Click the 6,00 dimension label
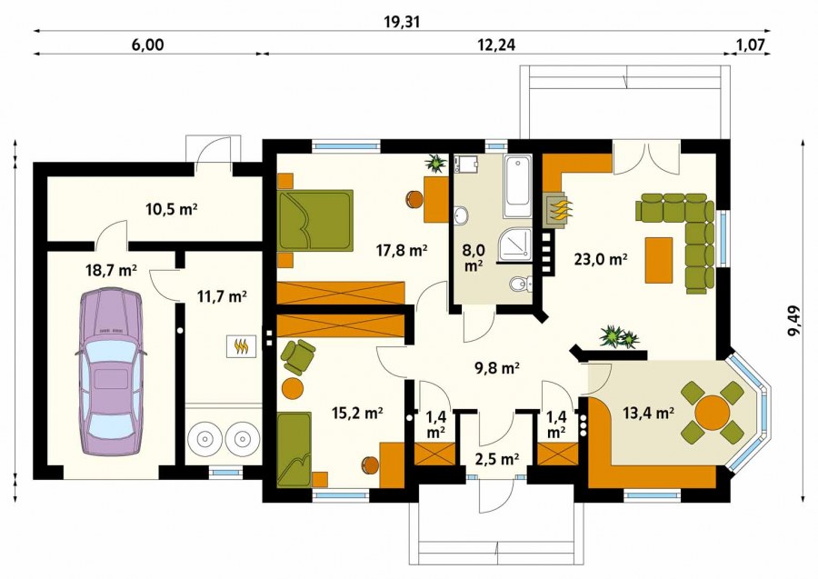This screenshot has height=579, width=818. click(147, 45)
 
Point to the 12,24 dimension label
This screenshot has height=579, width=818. click(496, 45)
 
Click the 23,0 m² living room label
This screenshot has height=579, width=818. click(601, 259)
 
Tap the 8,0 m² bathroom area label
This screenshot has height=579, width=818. click(474, 257)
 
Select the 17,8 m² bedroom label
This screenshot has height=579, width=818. click(403, 251)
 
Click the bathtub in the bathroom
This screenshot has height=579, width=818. click(517, 186)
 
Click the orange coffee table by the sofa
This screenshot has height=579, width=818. click(659, 260)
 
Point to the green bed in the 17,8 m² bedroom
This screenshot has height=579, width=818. click(315, 220)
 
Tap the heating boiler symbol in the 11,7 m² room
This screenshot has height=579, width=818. click(241, 346)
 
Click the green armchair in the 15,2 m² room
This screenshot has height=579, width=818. click(298, 356)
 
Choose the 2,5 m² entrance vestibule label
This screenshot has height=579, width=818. click(496, 459)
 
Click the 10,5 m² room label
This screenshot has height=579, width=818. click(171, 210)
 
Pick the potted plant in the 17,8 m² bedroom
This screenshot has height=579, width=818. click(435, 164)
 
